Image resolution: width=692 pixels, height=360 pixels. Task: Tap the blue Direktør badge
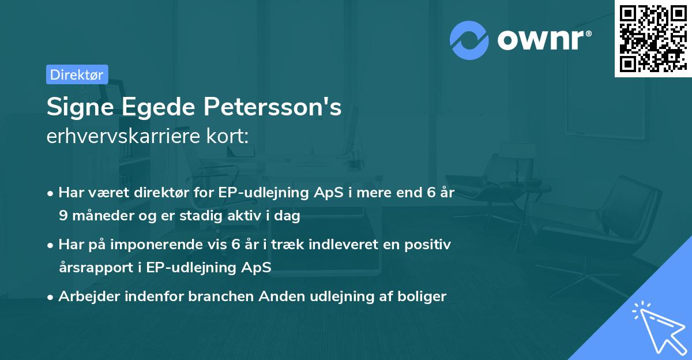(77, 74)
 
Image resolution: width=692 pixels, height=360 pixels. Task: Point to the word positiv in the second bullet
(430, 245)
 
